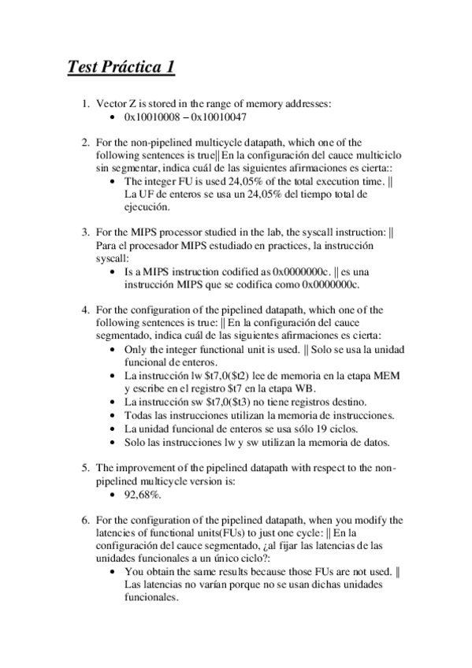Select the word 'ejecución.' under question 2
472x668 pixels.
145,207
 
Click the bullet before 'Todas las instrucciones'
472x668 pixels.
117,414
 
